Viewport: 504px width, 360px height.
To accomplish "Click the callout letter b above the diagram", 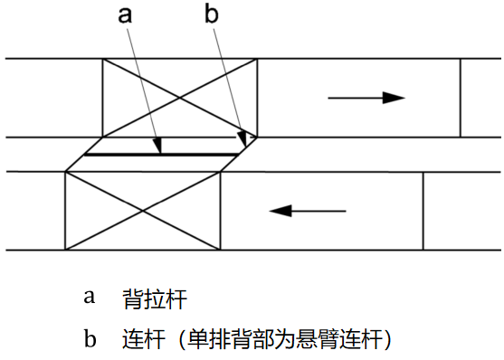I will [x=214, y=16].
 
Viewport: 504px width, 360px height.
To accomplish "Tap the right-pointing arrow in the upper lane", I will [x=366, y=97].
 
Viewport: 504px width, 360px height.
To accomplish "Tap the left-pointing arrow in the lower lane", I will [x=308, y=211].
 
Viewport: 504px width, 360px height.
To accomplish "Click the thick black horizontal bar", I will [x=159, y=155].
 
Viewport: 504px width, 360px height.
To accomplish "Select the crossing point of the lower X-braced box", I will [x=143, y=211].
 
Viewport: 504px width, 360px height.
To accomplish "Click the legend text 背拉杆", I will [x=155, y=298].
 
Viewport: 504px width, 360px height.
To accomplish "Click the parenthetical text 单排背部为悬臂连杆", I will [x=285, y=339].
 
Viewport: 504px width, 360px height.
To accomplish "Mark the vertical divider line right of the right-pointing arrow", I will [x=461, y=98].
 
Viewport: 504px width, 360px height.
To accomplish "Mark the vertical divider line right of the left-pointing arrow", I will [x=423, y=211].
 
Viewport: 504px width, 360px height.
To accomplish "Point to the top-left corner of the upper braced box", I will [x=103, y=60].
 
